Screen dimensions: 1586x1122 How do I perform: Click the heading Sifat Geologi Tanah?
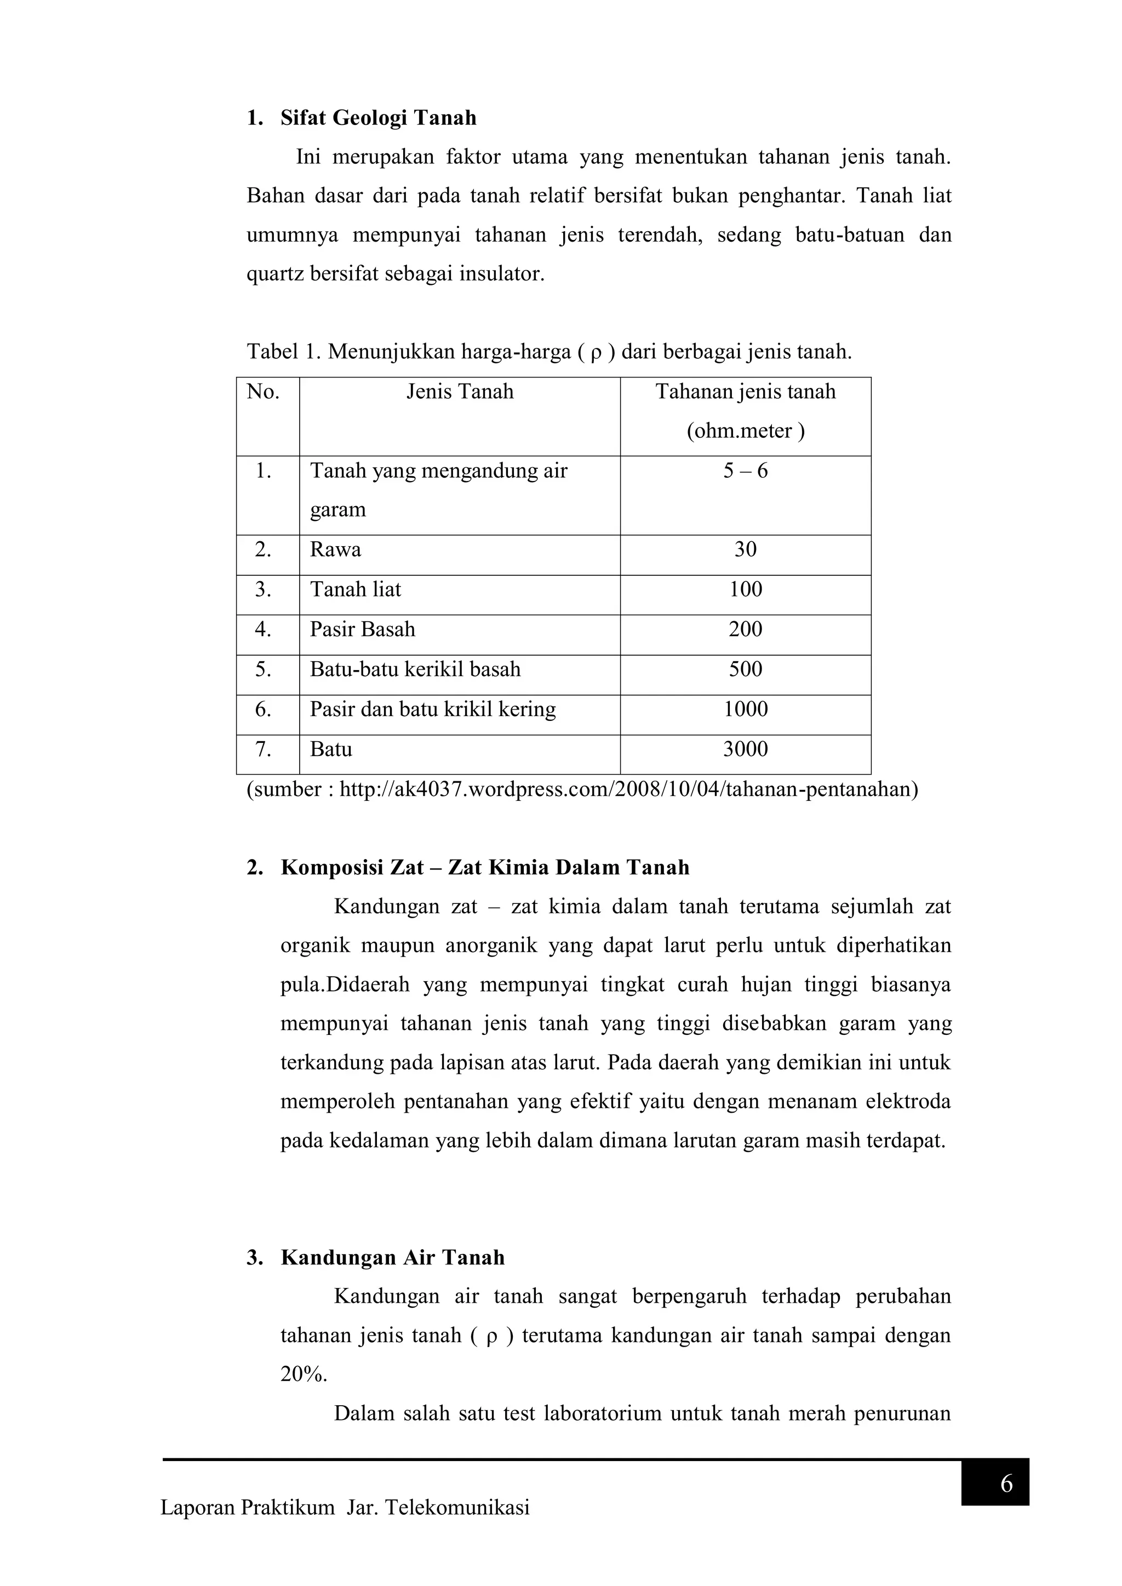(378, 118)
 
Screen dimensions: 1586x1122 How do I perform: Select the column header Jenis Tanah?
(460, 392)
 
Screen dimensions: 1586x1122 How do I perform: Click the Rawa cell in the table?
(335, 550)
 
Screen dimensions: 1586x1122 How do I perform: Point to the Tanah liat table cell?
(355, 590)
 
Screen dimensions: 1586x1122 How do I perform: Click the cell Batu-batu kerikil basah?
(415, 669)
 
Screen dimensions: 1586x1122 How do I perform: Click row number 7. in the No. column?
(262, 749)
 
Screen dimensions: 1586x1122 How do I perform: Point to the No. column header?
(262, 392)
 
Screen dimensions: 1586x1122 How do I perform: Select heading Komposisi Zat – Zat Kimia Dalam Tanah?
(484, 868)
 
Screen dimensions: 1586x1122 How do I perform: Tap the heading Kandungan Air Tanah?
(392, 1258)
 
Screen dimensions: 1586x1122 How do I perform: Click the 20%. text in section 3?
(304, 1375)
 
